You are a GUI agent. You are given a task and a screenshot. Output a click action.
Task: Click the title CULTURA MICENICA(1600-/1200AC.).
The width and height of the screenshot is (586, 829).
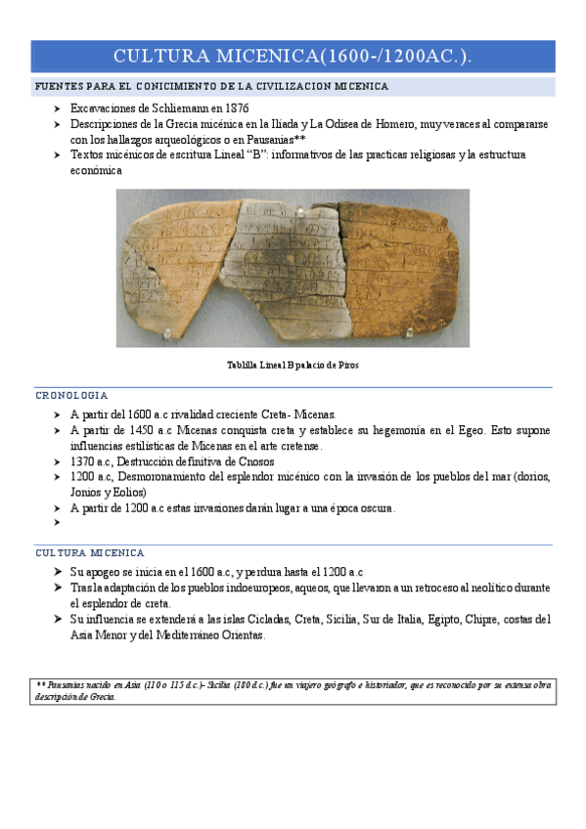[293, 57]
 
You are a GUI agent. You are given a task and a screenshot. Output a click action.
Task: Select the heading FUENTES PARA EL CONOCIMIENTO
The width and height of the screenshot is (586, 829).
[211, 87]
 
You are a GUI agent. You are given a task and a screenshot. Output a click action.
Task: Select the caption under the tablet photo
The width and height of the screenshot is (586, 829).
[292, 365]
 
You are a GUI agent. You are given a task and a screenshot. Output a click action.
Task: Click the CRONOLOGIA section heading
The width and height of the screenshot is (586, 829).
[71, 396]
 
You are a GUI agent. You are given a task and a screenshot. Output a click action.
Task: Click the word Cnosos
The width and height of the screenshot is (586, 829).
[251, 461]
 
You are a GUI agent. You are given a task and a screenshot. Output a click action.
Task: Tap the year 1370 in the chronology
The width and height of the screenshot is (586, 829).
[85, 461]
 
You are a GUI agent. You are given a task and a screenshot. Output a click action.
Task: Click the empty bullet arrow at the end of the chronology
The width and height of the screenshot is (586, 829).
[58, 523]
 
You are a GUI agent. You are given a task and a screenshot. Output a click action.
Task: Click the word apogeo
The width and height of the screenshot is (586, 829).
[103, 572]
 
